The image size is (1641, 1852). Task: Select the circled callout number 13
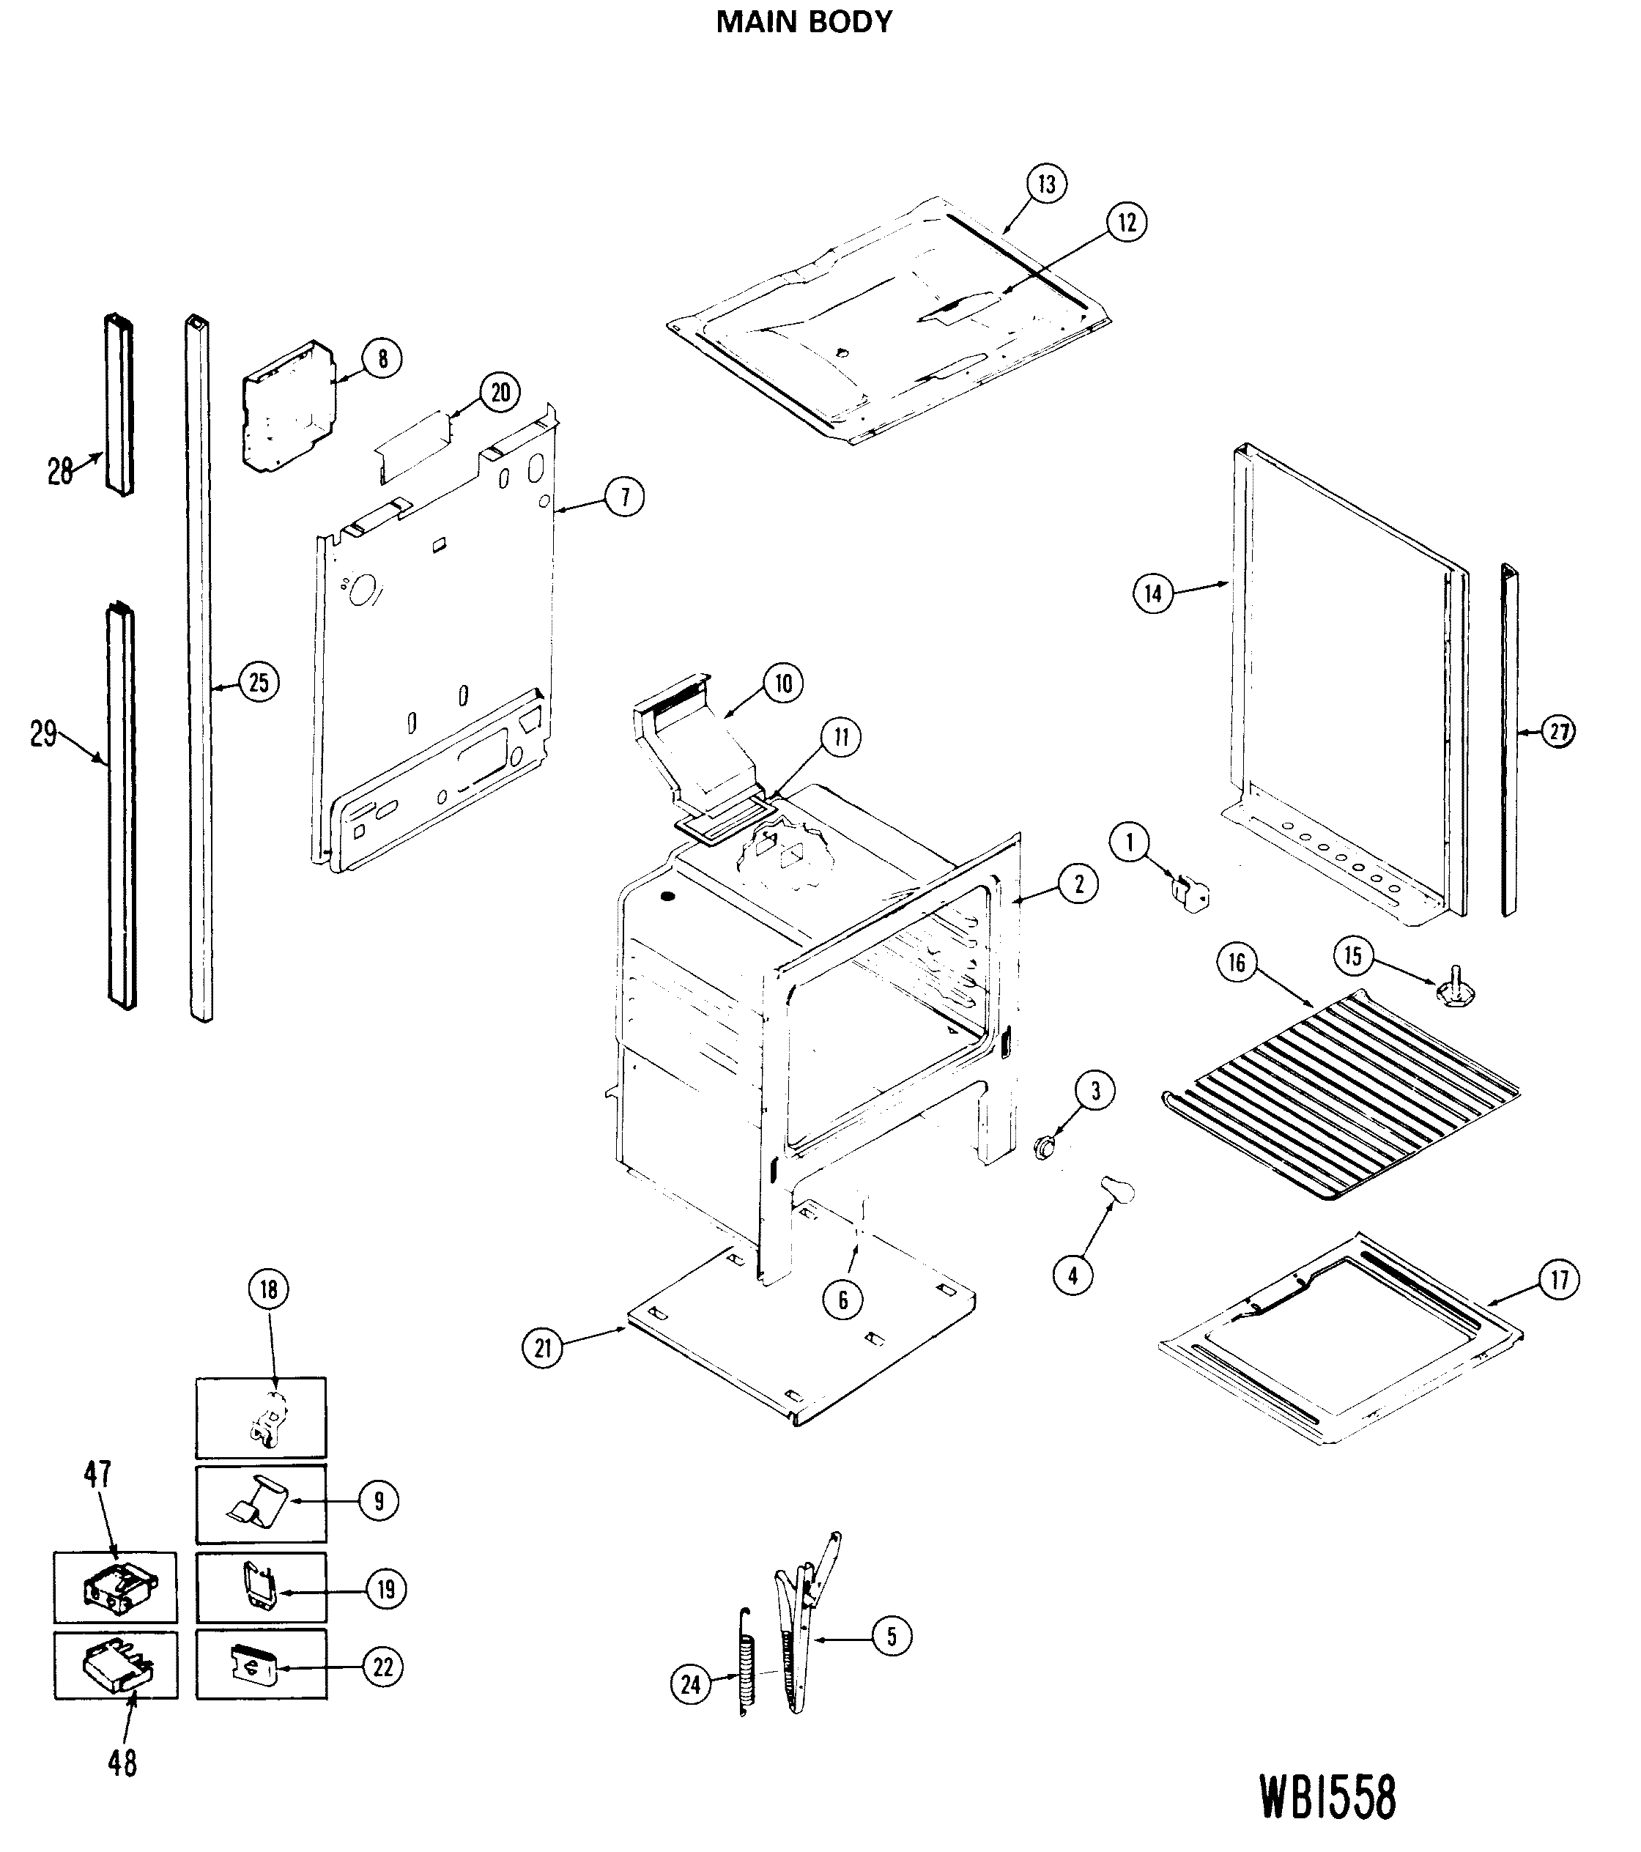[1047, 184]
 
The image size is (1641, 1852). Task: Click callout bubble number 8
[382, 359]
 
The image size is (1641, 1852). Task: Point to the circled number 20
[500, 393]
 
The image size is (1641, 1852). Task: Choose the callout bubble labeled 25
[259, 681]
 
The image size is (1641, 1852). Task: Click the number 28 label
[60, 471]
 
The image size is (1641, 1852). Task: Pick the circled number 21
[542, 1374]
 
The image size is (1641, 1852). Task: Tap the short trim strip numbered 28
[119, 404]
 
